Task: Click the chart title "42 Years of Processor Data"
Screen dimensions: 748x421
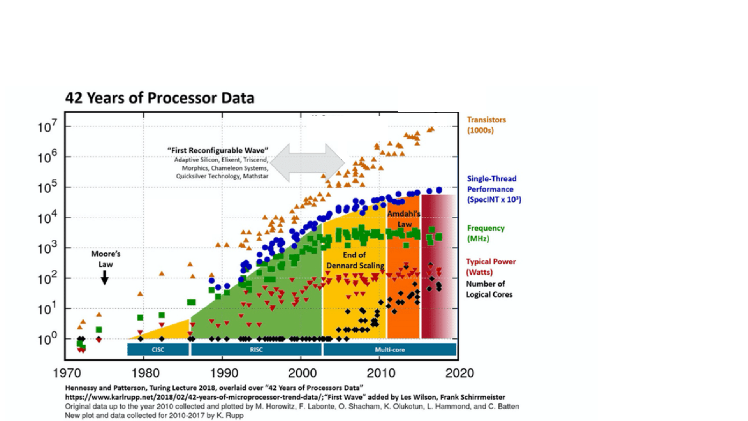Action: pyautogui.click(x=160, y=98)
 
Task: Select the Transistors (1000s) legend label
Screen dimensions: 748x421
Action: pyautogui.click(x=486, y=125)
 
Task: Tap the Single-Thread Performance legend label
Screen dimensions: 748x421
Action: pyautogui.click(x=494, y=189)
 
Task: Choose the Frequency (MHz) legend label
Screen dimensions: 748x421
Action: pyautogui.click(x=486, y=233)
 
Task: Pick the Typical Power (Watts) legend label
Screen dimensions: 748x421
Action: pyautogui.click(x=491, y=267)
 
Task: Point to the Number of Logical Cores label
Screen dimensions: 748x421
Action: pyautogui.click(x=489, y=289)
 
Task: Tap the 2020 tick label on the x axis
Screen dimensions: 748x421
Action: pyautogui.click(x=459, y=373)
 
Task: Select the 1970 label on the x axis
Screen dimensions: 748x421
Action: pyautogui.click(x=67, y=373)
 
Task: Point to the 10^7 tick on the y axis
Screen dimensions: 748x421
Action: pyautogui.click(x=47, y=126)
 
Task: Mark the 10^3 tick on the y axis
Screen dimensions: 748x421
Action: pyautogui.click(x=47, y=248)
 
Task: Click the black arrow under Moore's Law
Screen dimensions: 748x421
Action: pyautogui.click(x=104, y=278)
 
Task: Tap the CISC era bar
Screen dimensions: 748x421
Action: pyautogui.click(x=158, y=349)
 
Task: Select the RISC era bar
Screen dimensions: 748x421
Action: pyautogui.click(x=256, y=349)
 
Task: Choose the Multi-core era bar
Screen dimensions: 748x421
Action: pyautogui.click(x=390, y=349)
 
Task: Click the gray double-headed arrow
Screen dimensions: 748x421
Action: pyautogui.click(x=307, y=162)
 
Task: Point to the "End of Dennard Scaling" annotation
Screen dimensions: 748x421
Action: pyautogui.click(x=355, y=260)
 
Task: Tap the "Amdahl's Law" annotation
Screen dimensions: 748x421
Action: pyautogui.click(x=404, y=219)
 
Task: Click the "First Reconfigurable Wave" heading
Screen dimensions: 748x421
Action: pyautogui.click(x=218, y=150)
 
